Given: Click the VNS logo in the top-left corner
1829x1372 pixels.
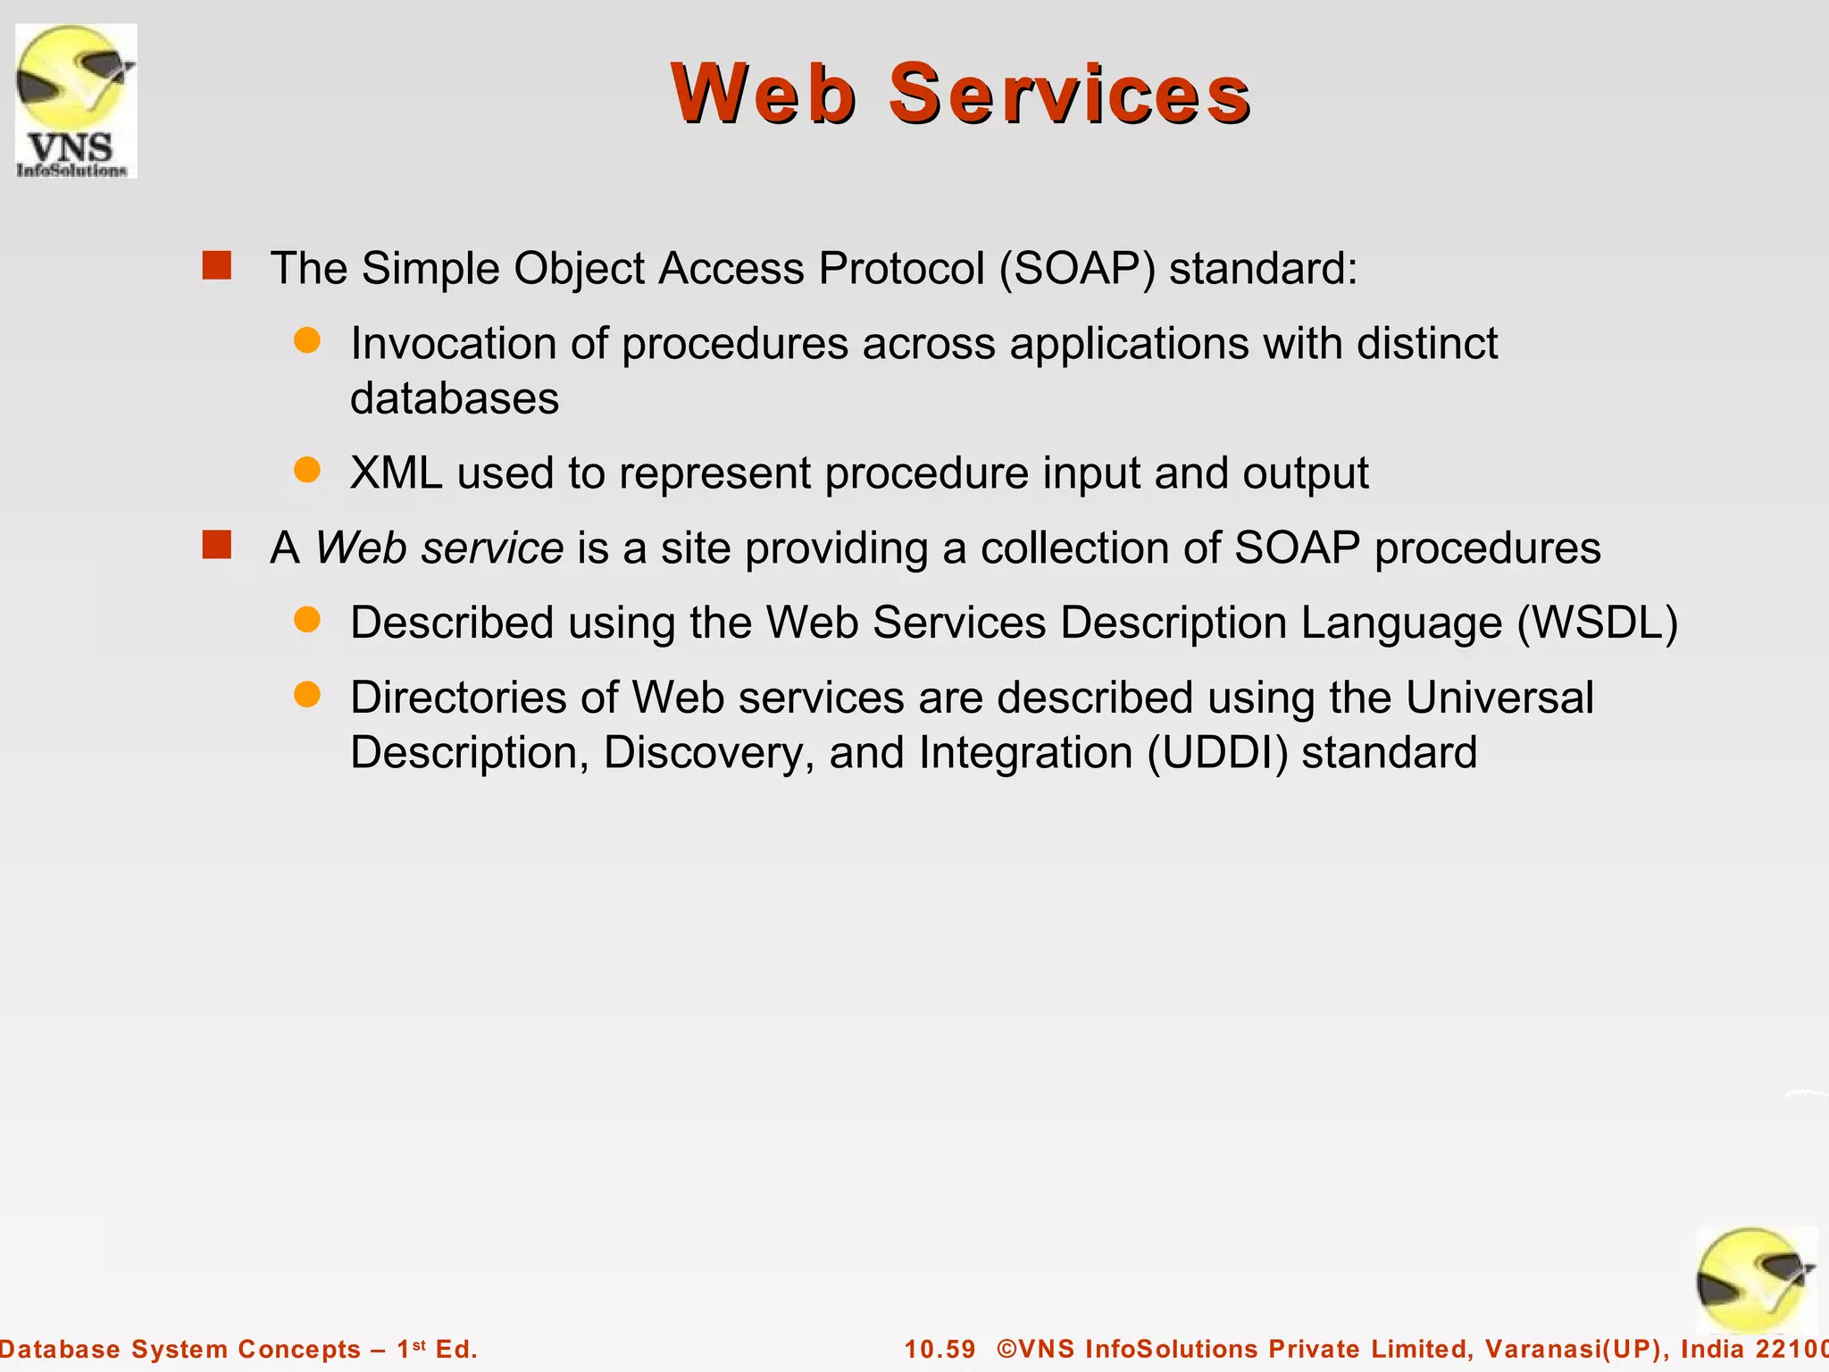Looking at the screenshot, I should [x=76, y=100].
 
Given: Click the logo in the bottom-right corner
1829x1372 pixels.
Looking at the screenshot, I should [x=1755, y=1281].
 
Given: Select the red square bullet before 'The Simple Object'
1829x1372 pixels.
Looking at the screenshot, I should [x=217, y=265].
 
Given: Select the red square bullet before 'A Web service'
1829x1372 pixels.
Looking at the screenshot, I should [x=217, y=545].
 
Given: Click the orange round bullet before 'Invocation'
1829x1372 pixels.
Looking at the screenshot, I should [x=307, y=340].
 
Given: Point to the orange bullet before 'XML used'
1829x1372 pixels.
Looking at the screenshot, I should [x=307, y=470].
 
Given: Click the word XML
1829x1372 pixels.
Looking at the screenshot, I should [x=396, y=473].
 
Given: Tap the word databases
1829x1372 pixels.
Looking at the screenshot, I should [x=454, y=397].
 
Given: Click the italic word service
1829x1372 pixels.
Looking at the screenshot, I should [x=492, y=548].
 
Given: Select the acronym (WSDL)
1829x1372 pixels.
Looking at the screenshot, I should [x=1598, y=623].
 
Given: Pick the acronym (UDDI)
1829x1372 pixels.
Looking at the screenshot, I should [x=1217, y=752].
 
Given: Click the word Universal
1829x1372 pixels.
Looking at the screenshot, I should [x=1499, y=698].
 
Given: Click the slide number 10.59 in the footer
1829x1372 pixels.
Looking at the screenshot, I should [x=940, y=1349].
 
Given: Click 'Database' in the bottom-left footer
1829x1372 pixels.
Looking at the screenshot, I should [x=59, y=1349].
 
